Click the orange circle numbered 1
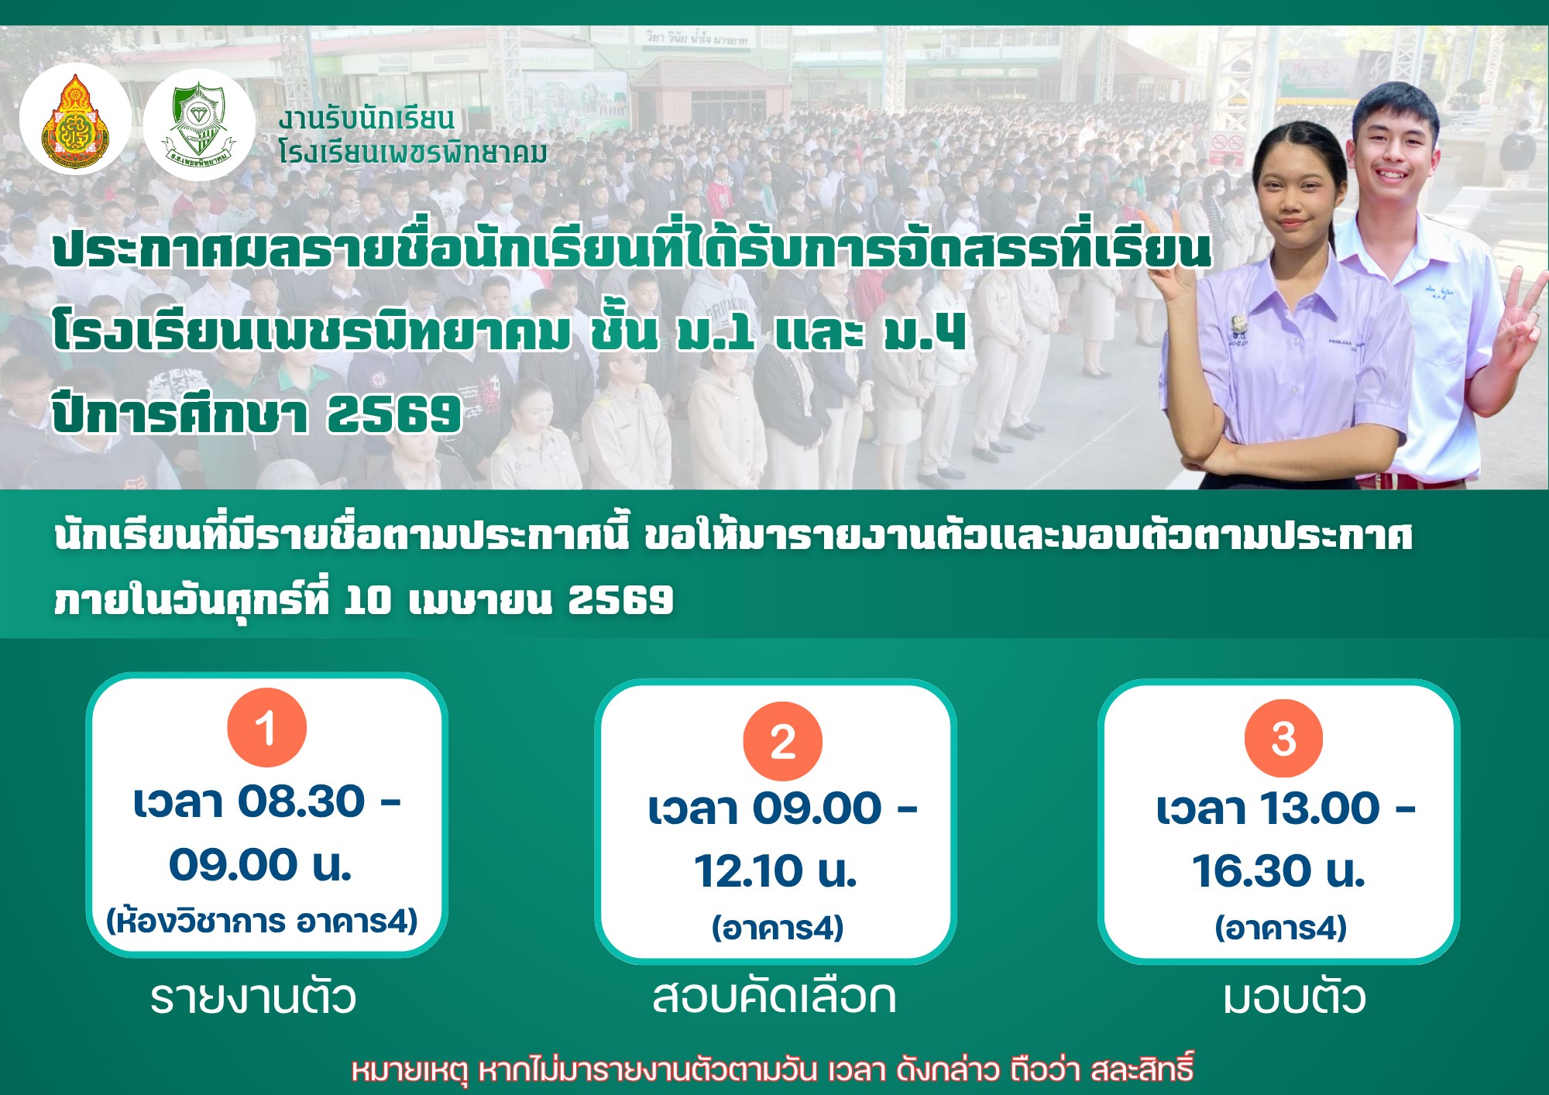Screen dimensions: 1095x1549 point(266,727)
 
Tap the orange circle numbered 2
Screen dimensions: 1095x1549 point(782,741)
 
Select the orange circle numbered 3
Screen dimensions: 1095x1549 point(1283,738)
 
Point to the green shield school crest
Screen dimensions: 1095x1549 point(199,123)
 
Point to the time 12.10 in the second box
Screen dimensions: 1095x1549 point(748,871)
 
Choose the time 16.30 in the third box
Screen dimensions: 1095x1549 point(1251,871)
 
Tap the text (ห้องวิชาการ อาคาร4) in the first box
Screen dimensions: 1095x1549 point(263,921)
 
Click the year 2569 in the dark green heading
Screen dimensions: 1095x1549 point(394,414)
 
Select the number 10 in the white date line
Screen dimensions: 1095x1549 point(367,600)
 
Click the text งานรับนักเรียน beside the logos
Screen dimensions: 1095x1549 point(366,119)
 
